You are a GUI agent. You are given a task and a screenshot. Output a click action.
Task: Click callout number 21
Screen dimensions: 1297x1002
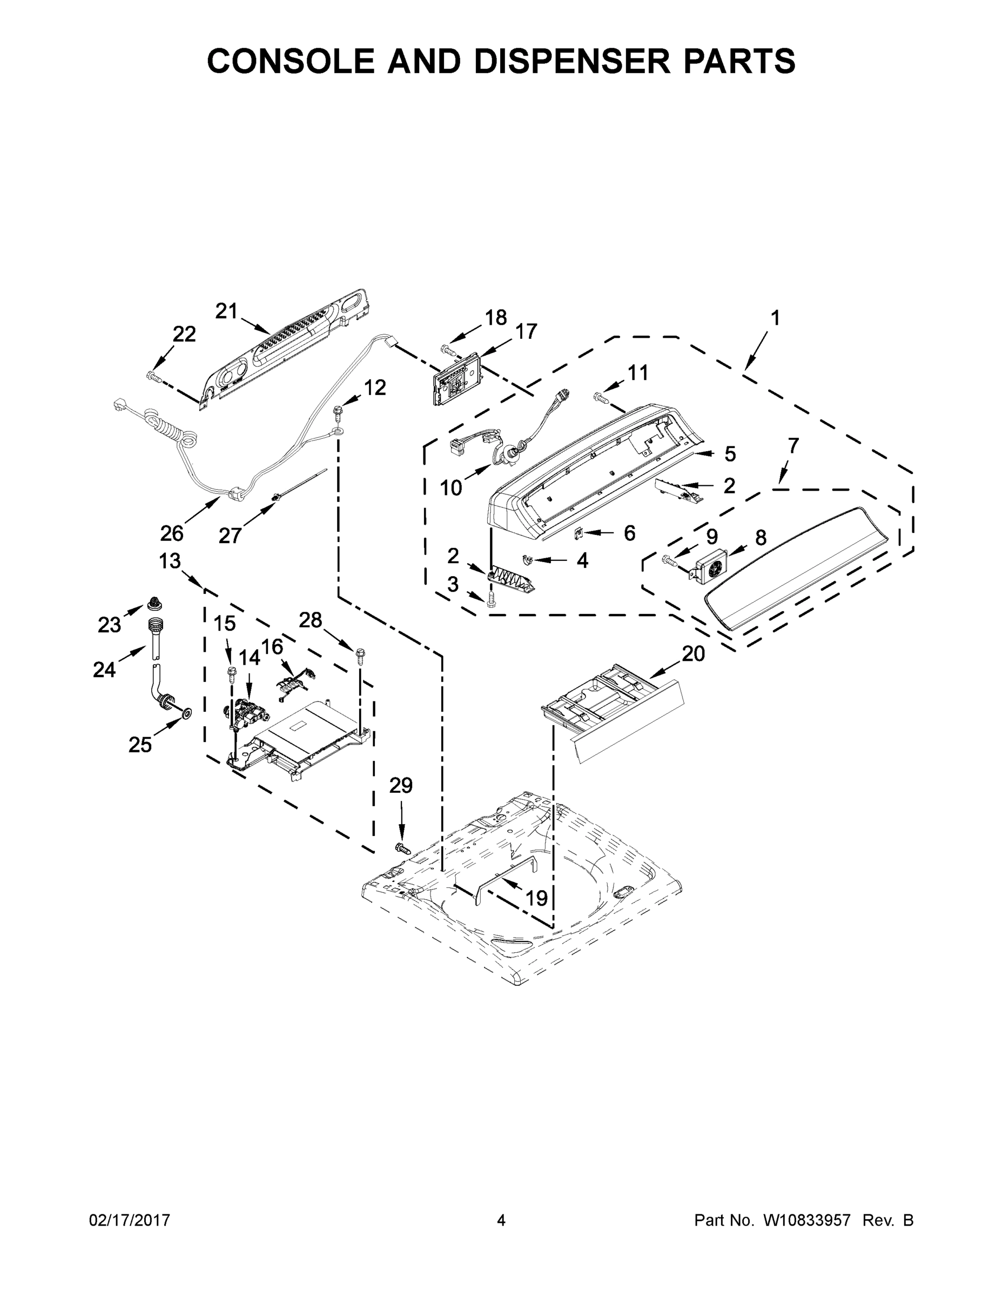226,311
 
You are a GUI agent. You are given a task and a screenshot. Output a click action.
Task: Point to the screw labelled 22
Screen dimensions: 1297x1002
151,375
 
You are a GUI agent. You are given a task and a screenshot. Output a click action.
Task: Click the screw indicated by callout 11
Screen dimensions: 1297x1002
600,399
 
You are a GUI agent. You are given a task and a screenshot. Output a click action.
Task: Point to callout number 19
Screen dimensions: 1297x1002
536,898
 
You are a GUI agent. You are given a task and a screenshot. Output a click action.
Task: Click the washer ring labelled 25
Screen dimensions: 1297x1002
186,712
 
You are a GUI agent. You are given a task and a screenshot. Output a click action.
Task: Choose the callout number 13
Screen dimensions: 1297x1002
170,560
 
